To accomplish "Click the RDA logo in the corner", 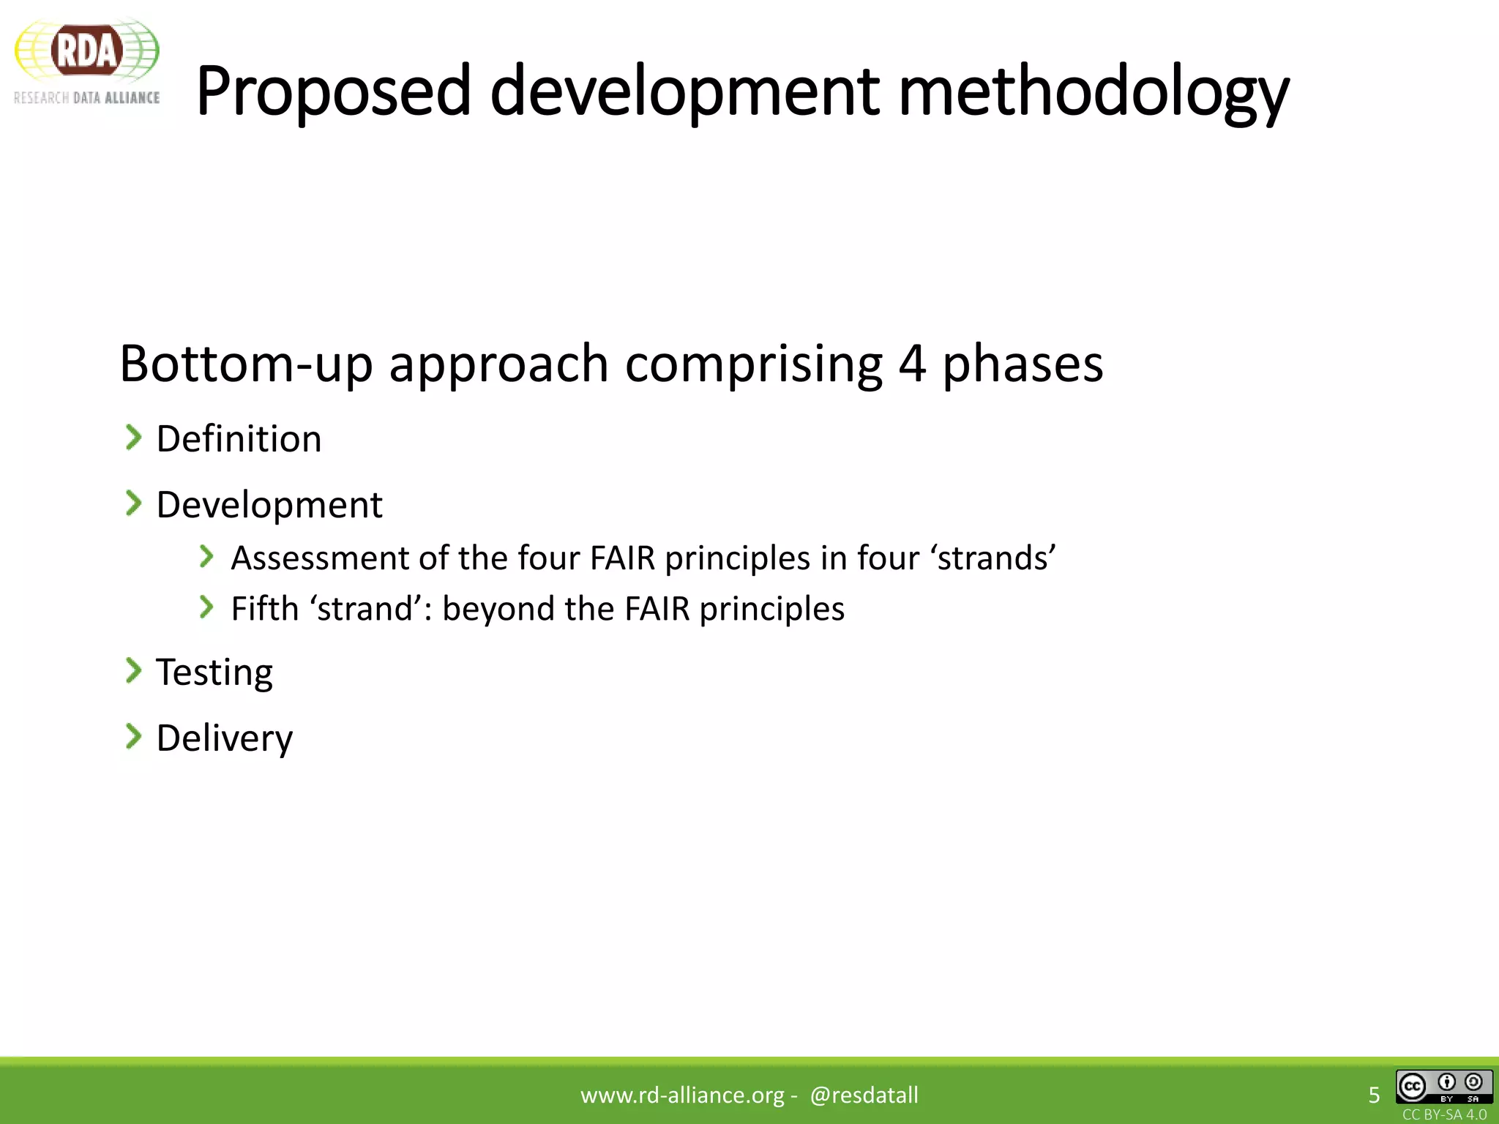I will pyautogui.click(x=86, y=61).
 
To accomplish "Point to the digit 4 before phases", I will pyautogui.click(x=912, y=364).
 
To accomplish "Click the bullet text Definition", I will pyautogui.click(x=239, y=439).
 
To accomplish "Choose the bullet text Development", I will pyautogui.click(x=269, y=505).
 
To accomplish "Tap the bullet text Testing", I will pyautogui.click(x=214, y=672).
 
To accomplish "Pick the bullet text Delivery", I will pyautogui.click(x=224, y=738).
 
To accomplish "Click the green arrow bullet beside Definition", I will pyautogui.click(x=133, y=438).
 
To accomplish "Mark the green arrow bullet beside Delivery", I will pyautogui.click(x=133, y=736).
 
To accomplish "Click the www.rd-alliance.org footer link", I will pyautogui.click(x=682, y=1095).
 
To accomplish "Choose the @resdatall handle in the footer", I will pyautogui.click(x=864, y=1095).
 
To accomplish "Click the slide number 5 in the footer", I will pyautogui.click(x=1374, y=1095).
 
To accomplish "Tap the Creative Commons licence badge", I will pyautogui.click(x=1443, y=1087).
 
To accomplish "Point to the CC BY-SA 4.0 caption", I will pyautogui.click(x=1444, y=1114).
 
